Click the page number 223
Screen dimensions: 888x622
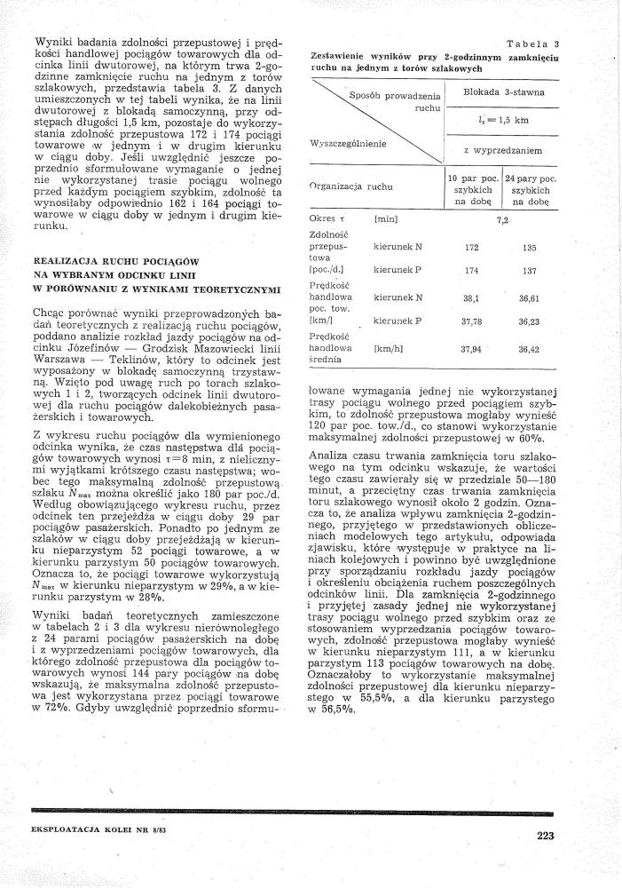pyautogui.click(x=545, y=834)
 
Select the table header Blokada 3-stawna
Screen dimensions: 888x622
pyautogui.click(x=504, y=92)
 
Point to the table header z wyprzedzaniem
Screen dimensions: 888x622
pyautogui.click(x=503, y=150)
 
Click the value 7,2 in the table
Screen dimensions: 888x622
pyautogui.click(x=503, y=218)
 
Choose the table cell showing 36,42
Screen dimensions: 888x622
pyautogui.click(x=529, y=350)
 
